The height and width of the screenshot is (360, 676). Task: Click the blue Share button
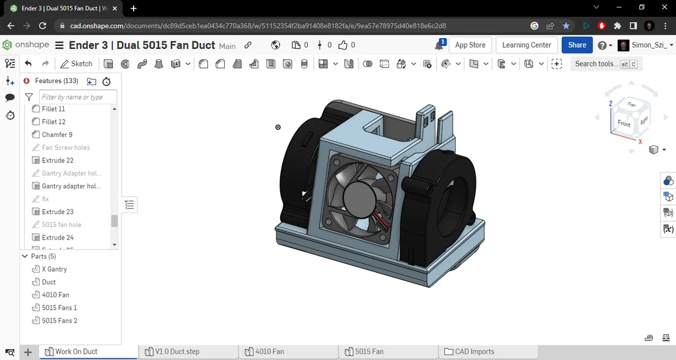pyautogui.click(x=576, y=45)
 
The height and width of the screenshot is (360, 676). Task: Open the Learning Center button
pyautogui.click(x=526, y=45)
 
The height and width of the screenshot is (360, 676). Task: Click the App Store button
pyautogui.click(x=470, y=45)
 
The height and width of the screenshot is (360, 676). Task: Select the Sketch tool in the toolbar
pyautogui.click(x=76, y=64)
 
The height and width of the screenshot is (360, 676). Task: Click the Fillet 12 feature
pyautogui.click(x=54, y=122)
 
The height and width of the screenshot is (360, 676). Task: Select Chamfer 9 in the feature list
pyautogui.click(x=57, y=135)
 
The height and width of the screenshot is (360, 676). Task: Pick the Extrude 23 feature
pyautogui.click(x=58, y=212)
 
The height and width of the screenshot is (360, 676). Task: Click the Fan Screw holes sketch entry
pyautogui.click(x=66, y=147)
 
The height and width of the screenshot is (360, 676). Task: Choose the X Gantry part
pyautogui.click(x=54, y=269)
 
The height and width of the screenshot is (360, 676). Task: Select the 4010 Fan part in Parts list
pyautogui.click(x=55, y=295)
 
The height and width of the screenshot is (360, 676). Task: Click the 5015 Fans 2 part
pyautogui.click(x=59, y=320)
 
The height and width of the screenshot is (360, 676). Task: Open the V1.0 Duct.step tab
pyautogui.click(x=177, y=351)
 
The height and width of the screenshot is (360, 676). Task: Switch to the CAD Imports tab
pyautogui.click(x=474, y=351)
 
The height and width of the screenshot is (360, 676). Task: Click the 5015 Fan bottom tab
pyautogui.click(x=369, y=351)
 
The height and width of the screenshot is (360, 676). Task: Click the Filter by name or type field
pyautogui.click(x=78, y=97)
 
